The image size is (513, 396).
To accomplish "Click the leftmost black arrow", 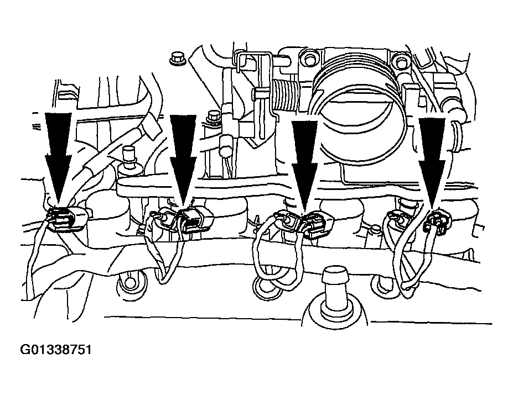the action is click(x=58, y=157).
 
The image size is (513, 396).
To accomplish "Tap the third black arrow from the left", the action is click(x=304, y=165).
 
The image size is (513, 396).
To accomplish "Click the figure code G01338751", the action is click(x=56, y=350).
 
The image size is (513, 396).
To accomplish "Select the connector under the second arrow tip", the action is click(x=195, y=220).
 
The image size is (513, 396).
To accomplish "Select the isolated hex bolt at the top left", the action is click(x=177, y=58).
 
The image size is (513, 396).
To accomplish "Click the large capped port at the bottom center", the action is click(x=334, y=294).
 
